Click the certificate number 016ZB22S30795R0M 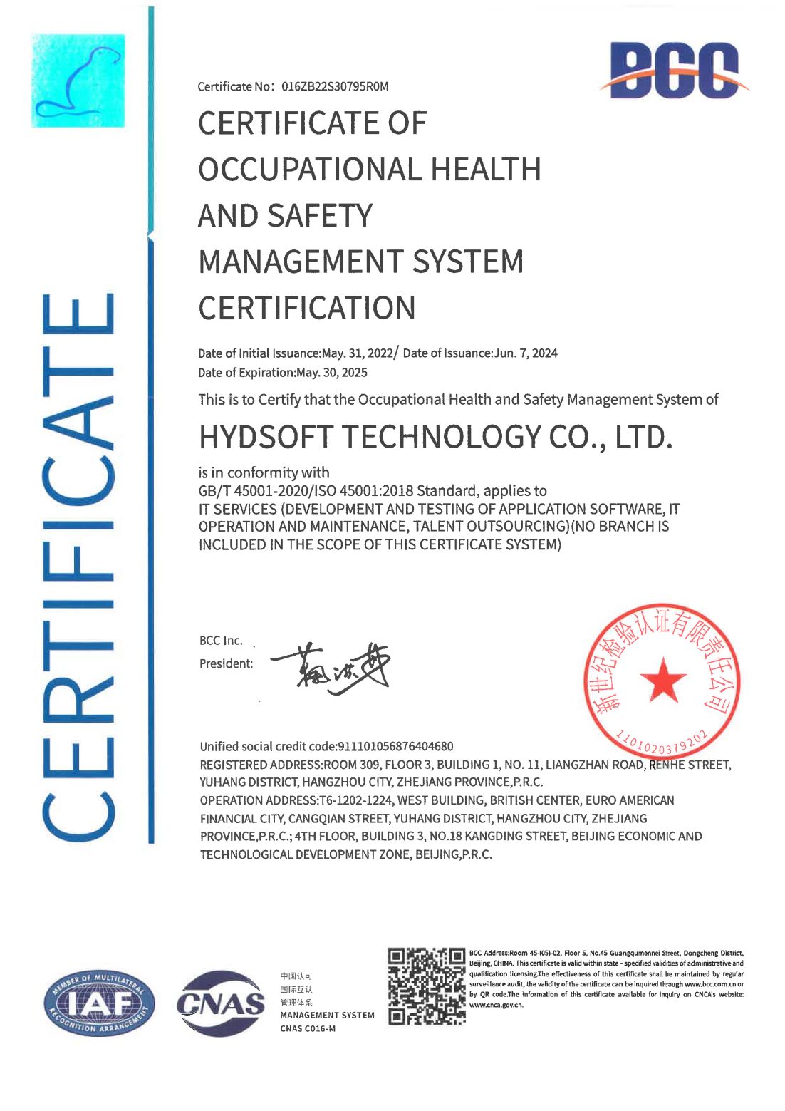pos(335,86)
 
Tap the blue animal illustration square pos(78,81)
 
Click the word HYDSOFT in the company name pos(266,437)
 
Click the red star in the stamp pos(663,680)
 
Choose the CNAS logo pos(222,1003)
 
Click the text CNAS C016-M pos(308,1028)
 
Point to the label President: pos(226,663)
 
